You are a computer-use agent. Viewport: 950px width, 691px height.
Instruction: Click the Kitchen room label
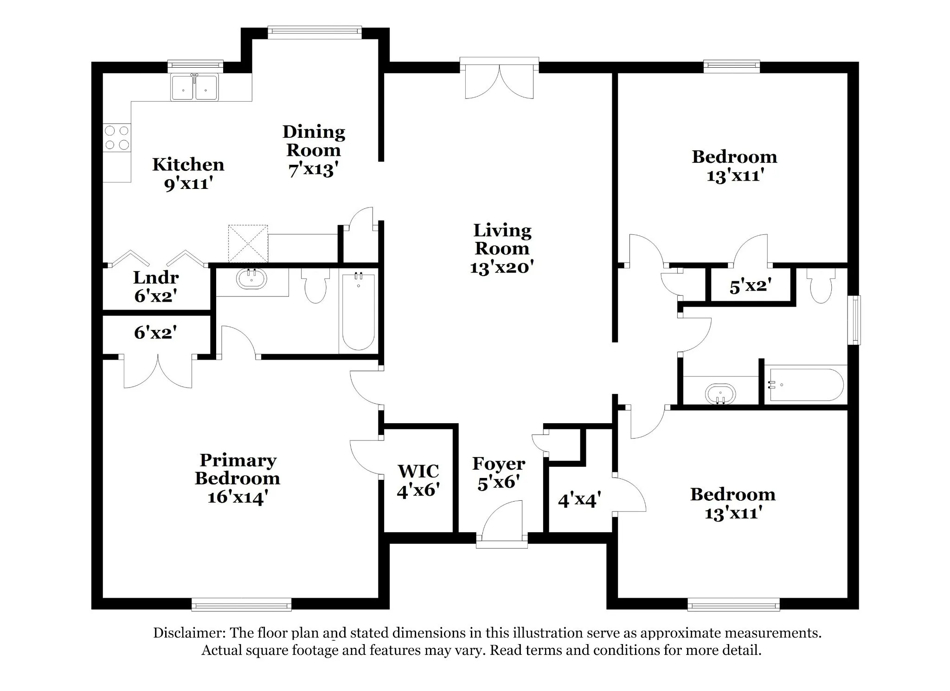(x=188, y=165)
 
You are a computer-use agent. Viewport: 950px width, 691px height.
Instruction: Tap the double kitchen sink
(x=194, y=87)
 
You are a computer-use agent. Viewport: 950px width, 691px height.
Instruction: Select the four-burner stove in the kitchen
(x=117, y=138)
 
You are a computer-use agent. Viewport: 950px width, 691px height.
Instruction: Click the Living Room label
(x=502, y=239)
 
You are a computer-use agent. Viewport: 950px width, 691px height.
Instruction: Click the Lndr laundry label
(x=156, y=278)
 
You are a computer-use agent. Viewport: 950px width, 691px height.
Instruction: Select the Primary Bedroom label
(x=237, y=469)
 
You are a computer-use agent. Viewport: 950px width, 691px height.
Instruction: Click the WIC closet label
(x=418, y=471)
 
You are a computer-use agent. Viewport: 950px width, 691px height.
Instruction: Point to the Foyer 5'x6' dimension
(x=498, y=483)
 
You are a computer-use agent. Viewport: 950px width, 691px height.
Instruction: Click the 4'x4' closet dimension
(x=579, y=500)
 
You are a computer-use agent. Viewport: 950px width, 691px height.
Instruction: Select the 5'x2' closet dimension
(x=751, y=286)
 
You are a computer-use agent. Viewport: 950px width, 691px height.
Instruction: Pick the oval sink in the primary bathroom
(x=252, y=279)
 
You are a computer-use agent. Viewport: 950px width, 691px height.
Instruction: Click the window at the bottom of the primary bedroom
(x=241, y=604)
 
